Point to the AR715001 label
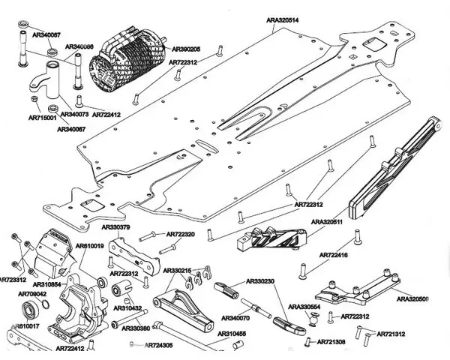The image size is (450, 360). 43,118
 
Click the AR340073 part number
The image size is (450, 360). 74,115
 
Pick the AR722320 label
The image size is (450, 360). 180,235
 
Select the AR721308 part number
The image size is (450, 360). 330,342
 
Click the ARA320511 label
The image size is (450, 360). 327,223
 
